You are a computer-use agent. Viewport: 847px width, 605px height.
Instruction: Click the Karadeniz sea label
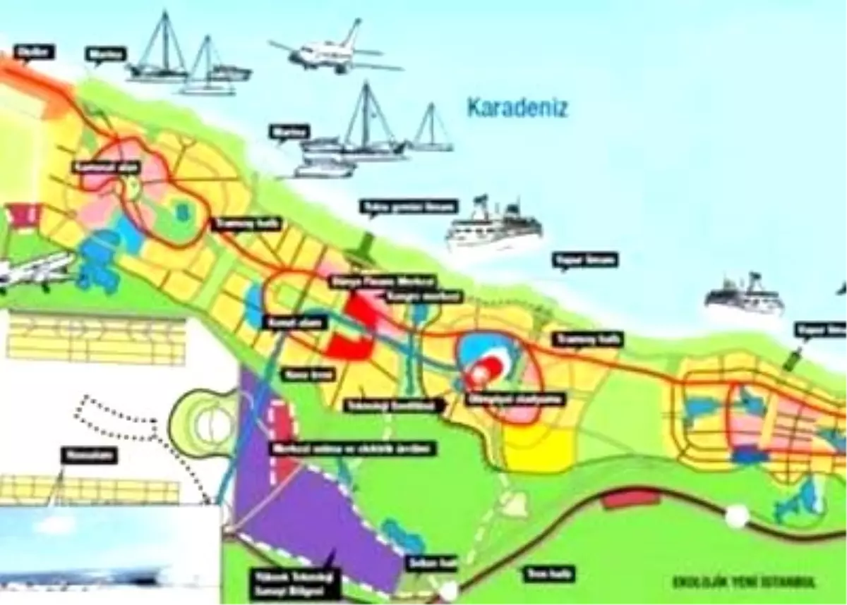pyautogui.click(x=517, y=109)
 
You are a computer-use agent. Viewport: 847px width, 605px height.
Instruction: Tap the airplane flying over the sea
pyautogui.click(x=332, y=51)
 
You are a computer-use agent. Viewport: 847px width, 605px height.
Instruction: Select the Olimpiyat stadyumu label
pyautogui.click(x=506, y=398)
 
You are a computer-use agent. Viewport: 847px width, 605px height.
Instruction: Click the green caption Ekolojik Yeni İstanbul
pyautogui.click(x=743, y=582)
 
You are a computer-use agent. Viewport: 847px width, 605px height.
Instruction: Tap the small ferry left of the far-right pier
pyautogui.click(x=744, y=296)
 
